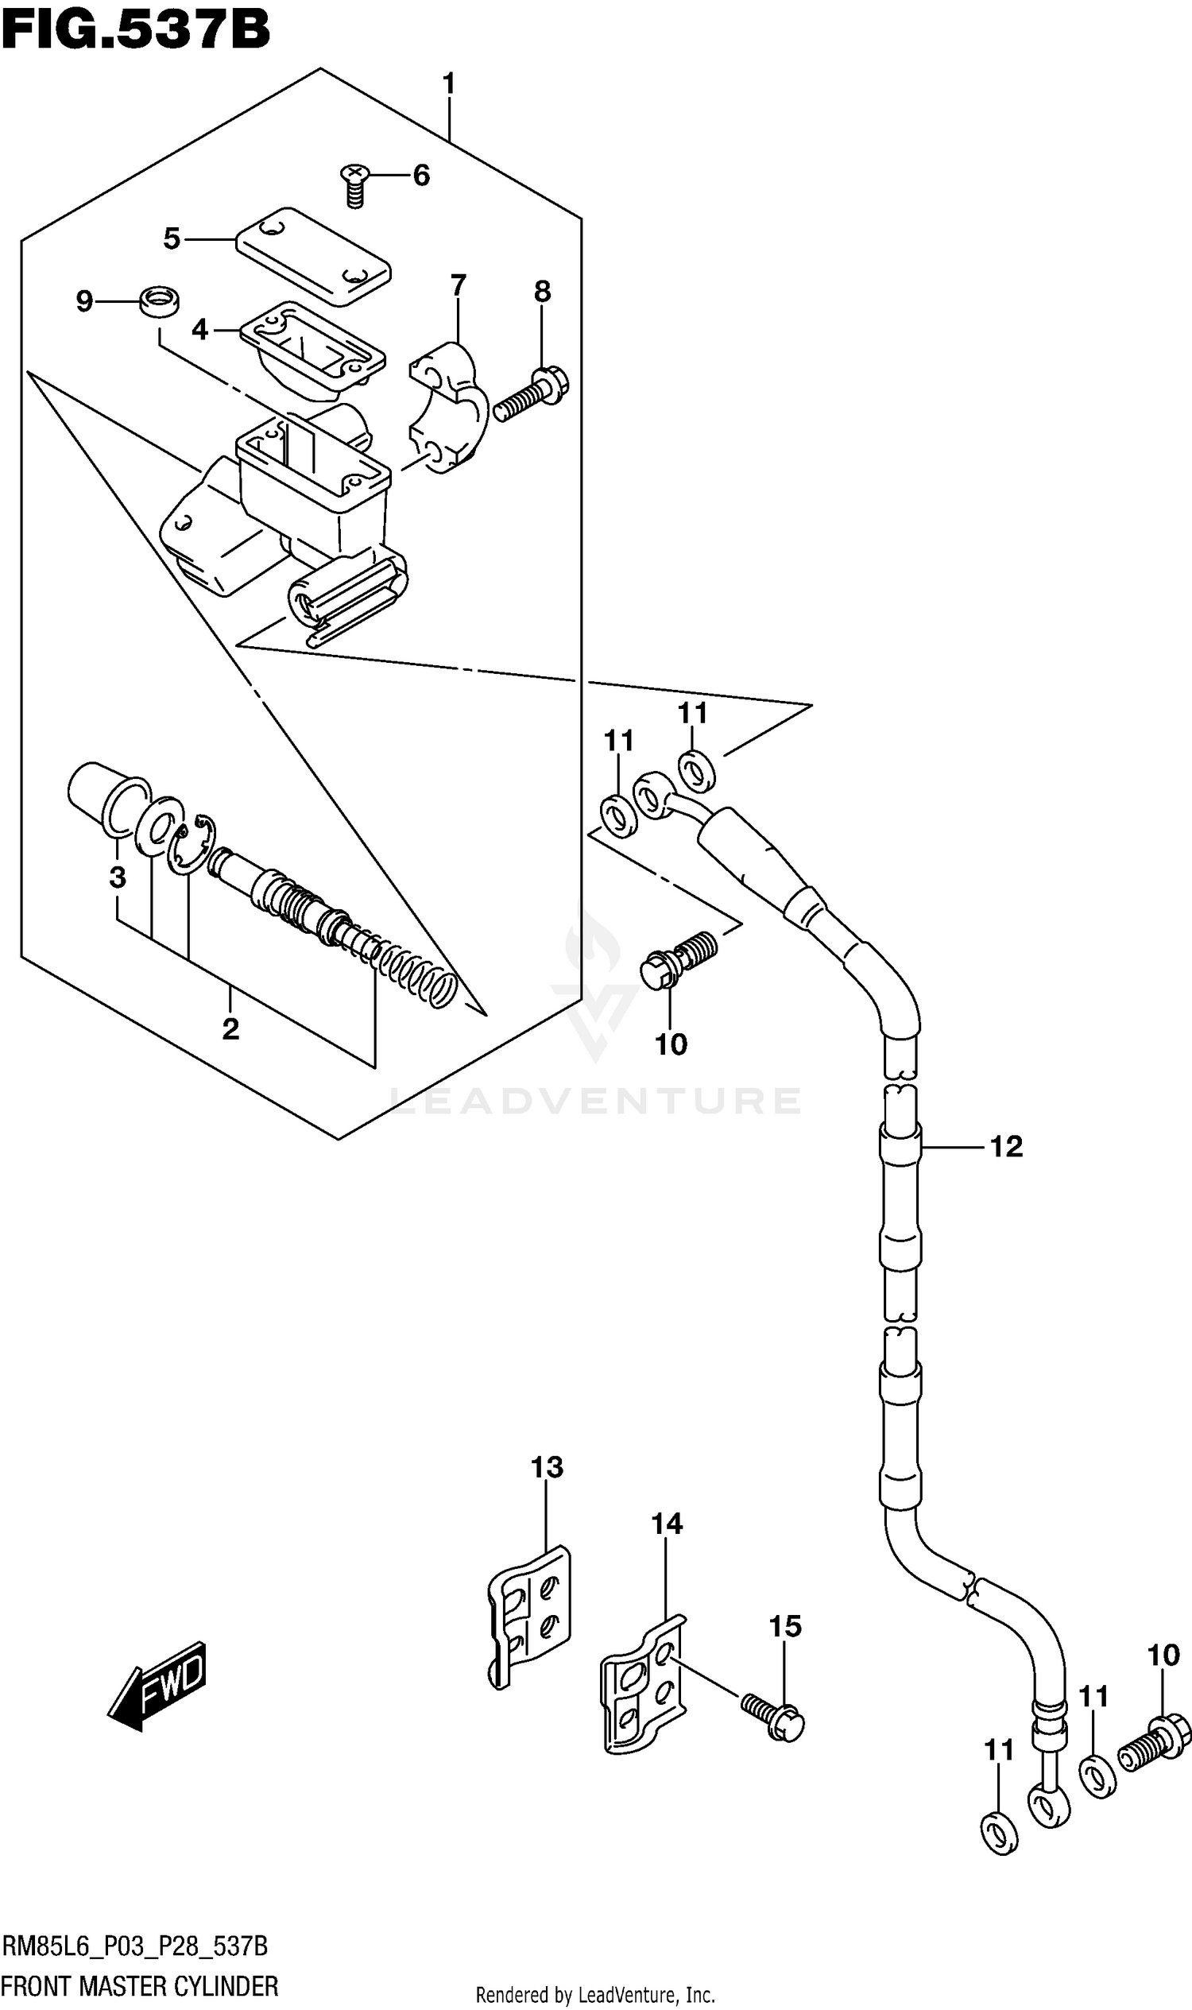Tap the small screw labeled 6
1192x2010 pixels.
[x=354, y=184]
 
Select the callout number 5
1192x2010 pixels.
[x=171, y=238]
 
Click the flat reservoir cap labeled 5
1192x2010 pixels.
[x=313, y=255]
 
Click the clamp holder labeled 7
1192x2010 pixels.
[x=447, y=408]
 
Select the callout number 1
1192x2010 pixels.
[x=448, y=83]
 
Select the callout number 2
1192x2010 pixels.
[x=230, y=1028]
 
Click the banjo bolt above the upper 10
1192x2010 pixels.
[x=679, y=959]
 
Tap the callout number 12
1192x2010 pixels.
[x=1005, y=1146]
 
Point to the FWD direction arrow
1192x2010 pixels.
[x=158, y=1688]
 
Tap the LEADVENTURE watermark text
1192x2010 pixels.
[x=594, y=1101]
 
